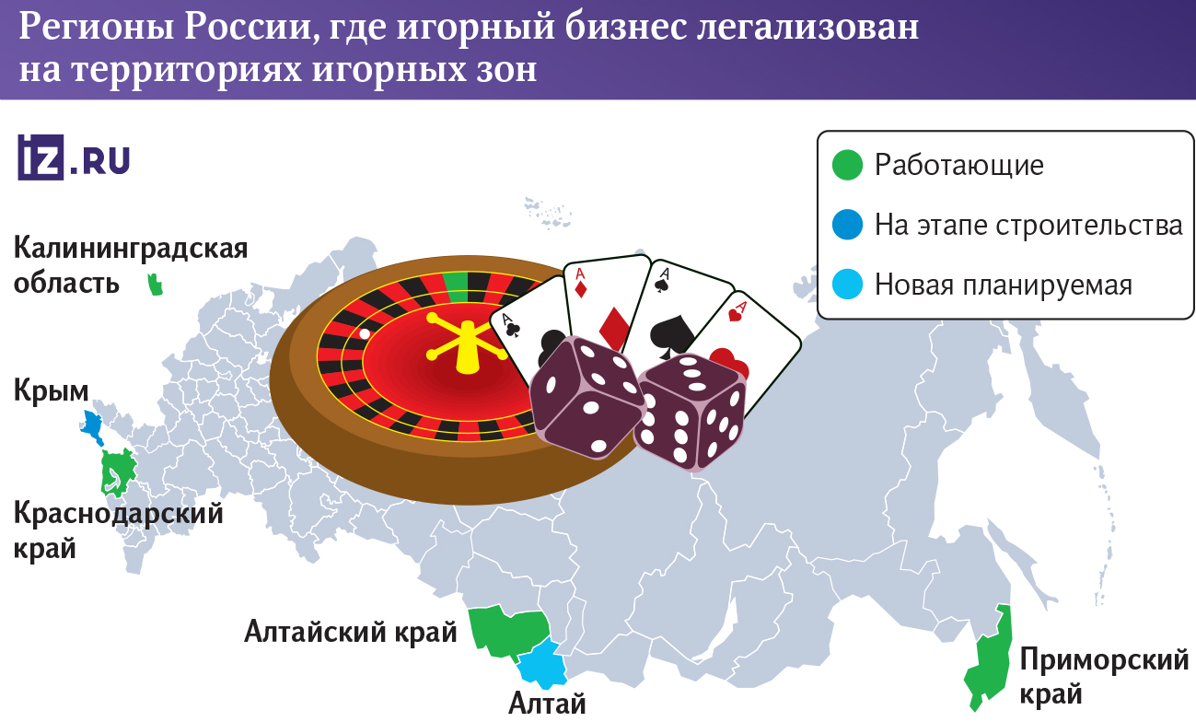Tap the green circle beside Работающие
click(x=846, y=166)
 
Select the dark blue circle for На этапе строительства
click(x=846, y=225)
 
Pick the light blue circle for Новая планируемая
click(x=846, y=285)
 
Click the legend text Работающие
click(x=958, y=166)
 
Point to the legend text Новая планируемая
click(x=1003, y=285)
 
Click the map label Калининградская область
click(x=131, y=265)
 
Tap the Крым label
click(x=52, y=391)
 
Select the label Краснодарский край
click(x=119, y=530)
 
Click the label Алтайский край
click(x=350, y=633)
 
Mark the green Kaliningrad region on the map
click(x=156, y=285)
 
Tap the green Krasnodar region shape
click(x=117, y=472)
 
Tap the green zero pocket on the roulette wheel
click(x=455, y=286)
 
